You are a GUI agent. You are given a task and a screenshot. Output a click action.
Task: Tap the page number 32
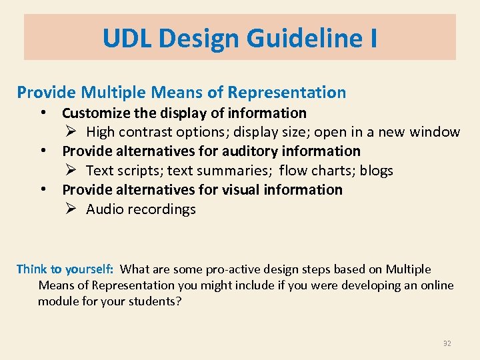tap(447, 343)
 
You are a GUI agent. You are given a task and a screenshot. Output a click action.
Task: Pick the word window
tap(434, 132)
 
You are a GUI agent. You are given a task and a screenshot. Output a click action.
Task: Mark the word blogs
tap(377, 171)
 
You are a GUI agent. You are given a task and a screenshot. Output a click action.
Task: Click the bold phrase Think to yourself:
tap(65, 269)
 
